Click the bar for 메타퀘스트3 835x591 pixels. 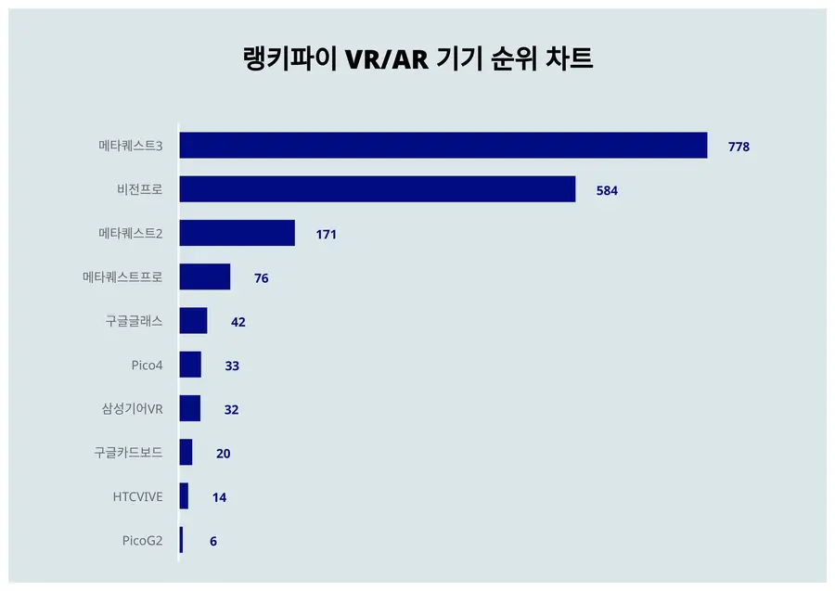pos(443,146)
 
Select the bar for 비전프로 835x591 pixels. pos(377,189)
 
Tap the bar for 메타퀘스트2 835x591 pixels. pos(237,233)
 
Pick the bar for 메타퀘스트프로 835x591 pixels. pos(204,276)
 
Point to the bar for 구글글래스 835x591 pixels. pos(193,321)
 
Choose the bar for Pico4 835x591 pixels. pos(190,365)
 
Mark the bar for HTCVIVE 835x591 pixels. pos(184,496)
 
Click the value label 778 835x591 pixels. pos(739,147)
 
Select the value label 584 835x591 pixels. pos(607,190)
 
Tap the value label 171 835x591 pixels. pos(326,235)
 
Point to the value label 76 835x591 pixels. pos(261,278)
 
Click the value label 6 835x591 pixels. pos(213,541)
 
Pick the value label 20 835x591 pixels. pos(223,454)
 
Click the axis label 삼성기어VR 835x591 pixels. pos(132,409)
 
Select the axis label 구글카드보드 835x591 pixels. pos(128,453)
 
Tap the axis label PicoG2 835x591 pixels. pos(142,541)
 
